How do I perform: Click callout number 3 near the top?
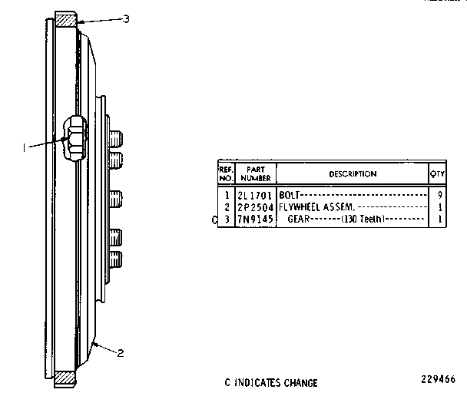[126, 19]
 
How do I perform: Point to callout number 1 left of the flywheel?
[24, 147]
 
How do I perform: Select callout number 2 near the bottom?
[121, 353]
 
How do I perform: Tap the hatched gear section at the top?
[66, 21]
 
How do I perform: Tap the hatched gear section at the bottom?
[65, 378]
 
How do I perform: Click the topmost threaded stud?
[116, 138]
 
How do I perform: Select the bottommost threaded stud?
[116, 259]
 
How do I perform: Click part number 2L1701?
[255, 196]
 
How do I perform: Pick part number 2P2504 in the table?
[255, 207]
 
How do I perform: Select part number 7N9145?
[255, 219]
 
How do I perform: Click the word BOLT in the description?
[289, 195]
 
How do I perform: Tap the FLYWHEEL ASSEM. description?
[316, 206]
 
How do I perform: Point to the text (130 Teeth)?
[363, 219]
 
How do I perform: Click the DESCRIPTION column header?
[353, 173]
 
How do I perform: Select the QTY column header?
[437, 173]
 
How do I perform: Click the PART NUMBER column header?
[256, 173]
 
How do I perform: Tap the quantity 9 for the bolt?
[440, 195]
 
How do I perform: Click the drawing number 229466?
[438, 379]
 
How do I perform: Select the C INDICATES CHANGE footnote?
[271, 383]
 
